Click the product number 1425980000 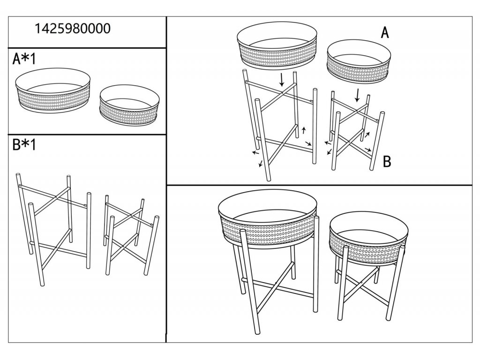coord(73,29)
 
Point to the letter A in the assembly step coord(384,33)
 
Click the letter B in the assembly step coord(387,162)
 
